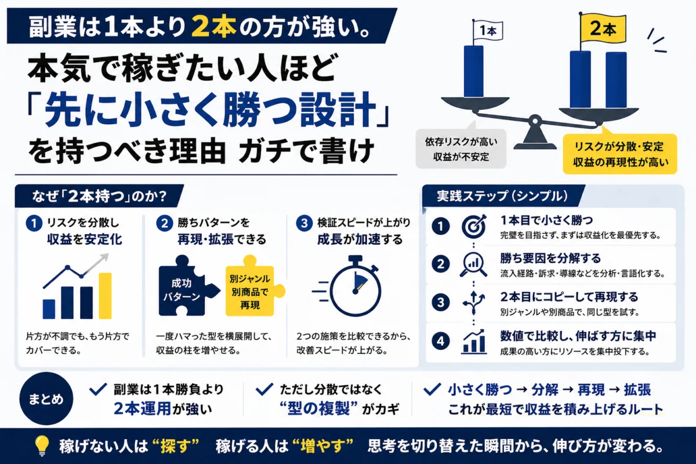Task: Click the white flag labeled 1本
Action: [488, 31]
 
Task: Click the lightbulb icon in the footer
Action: [42, 445]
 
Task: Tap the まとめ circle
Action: [46, 398]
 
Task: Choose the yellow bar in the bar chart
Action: [105, 296]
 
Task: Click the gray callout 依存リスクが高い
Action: [461, 149]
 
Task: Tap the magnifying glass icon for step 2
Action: [473, 264]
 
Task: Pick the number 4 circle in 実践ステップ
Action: [441, 341]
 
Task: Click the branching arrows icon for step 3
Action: [473, 303]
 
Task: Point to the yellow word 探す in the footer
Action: [180, 446]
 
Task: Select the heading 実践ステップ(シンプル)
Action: [502, 196]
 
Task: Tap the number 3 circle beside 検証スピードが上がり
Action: [304, 223]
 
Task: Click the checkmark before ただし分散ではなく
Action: [264, 389]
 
